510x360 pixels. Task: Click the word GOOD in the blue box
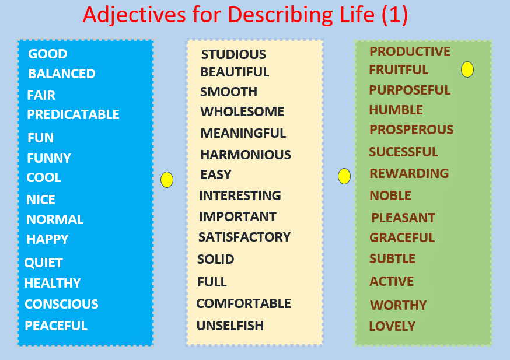pyautogui.click(x=47, y=54)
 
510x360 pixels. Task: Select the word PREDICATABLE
pyautogui.click(x=73, y=114)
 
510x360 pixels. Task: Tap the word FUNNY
pyautogui.click(x=49, y=158)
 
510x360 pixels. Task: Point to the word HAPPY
pyautogui.click(x=47, y=239)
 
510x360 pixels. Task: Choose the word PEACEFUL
pyautogui.click(x=56, y=326)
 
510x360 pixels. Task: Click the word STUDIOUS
pyautogui.click(x=233, y=54)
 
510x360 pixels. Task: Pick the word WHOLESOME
pyautogui.click(x=242, y=111)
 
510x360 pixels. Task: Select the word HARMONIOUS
pyautogui.click(x=246, y=155)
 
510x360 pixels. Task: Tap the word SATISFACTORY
pyautogui.click(x=244, y=237)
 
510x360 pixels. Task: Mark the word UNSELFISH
pyautogui.click(x=230, y=326)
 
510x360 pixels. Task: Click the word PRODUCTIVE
pyautogui.click(x=410, y=51)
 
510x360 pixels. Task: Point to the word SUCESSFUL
pyautogui.click(x=403, y=152)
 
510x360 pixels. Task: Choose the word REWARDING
pyautogui.click(x=409, y=173)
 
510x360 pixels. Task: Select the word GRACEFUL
pyautogui.click(x=402, y=237)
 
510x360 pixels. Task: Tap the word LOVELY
pyautogui.click(x=392, y=326)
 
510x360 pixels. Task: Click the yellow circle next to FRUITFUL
pyautogui.click(x=467, y=69)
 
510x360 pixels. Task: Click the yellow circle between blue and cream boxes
pyautogui.click(x=167, y=180)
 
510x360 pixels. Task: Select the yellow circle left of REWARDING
pyautogui.click(x=344, y=176)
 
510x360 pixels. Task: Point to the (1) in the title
pyautogui.click(x=395, y=15)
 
